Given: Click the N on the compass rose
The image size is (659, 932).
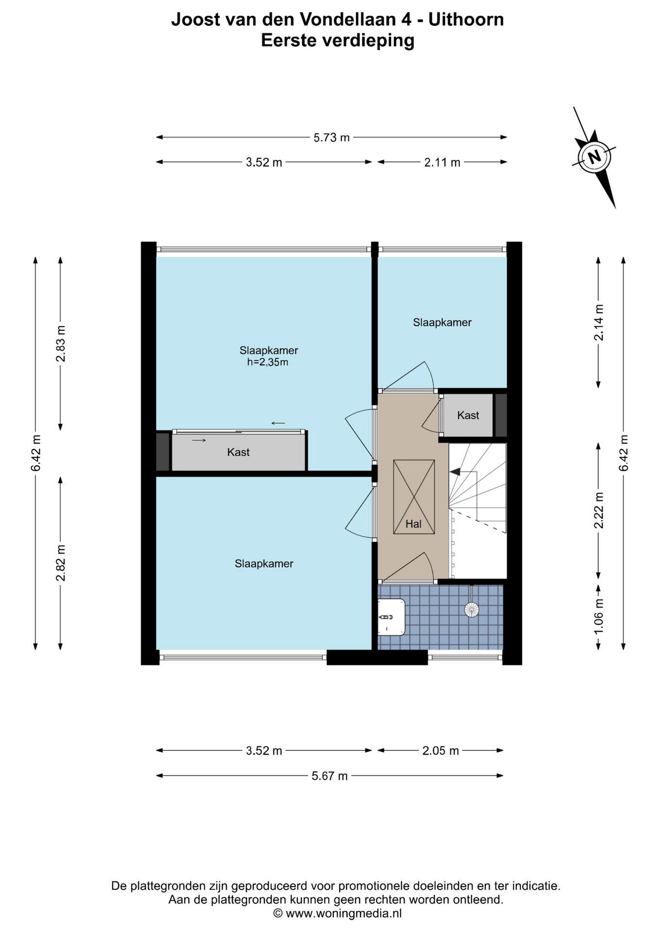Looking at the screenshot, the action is (x=593, y=157).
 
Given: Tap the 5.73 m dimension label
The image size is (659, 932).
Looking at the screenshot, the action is (x=331, y=138).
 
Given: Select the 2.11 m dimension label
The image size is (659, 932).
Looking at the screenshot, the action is (x=442, y=163).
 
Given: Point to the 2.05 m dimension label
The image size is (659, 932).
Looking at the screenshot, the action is (x=441, y=751).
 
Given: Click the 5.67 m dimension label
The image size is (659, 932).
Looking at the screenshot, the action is (x=329, y=776).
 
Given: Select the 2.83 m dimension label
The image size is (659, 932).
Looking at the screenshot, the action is (x=61, y=344).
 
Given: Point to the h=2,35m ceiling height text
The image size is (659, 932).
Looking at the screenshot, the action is (x=268, y=363).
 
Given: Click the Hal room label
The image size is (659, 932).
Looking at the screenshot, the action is (x=413, y=524).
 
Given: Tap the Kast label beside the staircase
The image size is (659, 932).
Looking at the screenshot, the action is (x=468, y=416).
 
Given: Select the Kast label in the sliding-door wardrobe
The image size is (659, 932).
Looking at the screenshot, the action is (x=238, y=452).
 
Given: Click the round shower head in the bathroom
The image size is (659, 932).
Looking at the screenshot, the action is (x=471, y=609).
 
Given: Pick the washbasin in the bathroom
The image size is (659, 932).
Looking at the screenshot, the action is (x=391, y=616).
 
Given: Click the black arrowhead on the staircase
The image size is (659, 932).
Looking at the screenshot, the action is (x=455, y=471).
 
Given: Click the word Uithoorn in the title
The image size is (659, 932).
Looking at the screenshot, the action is (x=466, y=19).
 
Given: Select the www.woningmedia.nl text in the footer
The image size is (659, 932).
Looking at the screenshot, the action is (x=344, y=913).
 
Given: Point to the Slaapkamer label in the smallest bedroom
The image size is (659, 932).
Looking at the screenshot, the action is (x=442, y=322).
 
